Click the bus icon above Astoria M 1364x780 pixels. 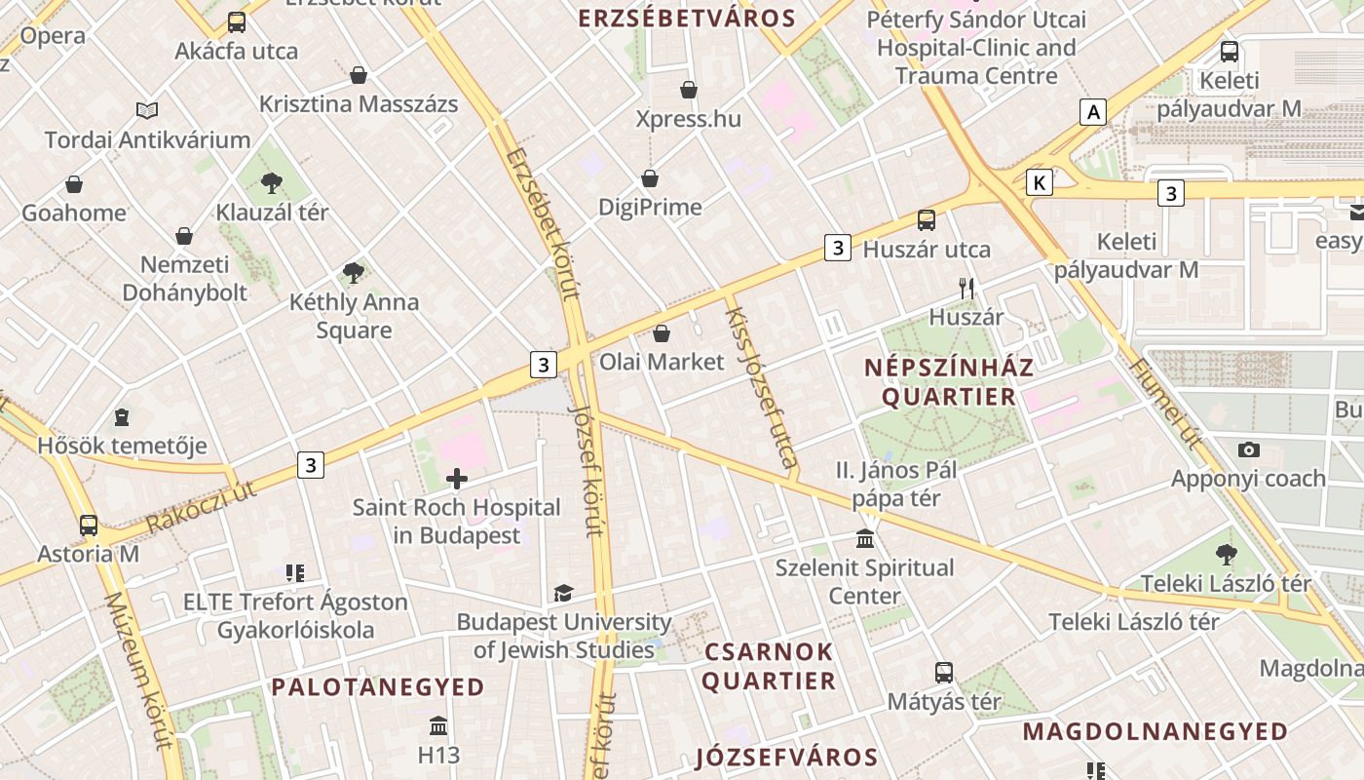tap(89, 526)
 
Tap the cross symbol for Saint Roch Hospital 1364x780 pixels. tap(456, 479)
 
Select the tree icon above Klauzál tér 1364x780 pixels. tap(272, 182)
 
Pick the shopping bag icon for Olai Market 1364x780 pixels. tap(662, 333)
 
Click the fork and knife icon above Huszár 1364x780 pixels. tap(966, 289)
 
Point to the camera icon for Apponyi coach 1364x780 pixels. tap(1248, 449)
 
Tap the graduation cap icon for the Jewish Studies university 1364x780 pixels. tap(563, 593)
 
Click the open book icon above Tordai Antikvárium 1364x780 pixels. tap(147, 111)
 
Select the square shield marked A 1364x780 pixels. tap(1093, 112)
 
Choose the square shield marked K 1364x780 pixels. tap(1041, 182)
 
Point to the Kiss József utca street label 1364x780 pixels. tap(762, 386)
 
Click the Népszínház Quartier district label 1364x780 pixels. tap(949, 382)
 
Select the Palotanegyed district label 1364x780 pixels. tap(378, 687)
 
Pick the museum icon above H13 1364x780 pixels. tap(438, 726)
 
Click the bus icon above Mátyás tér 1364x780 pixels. tap(943, 673)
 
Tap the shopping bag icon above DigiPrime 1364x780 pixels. tap(650, 178)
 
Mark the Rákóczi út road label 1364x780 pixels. tap(203, 506)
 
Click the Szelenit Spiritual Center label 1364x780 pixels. tap(865, 581)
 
